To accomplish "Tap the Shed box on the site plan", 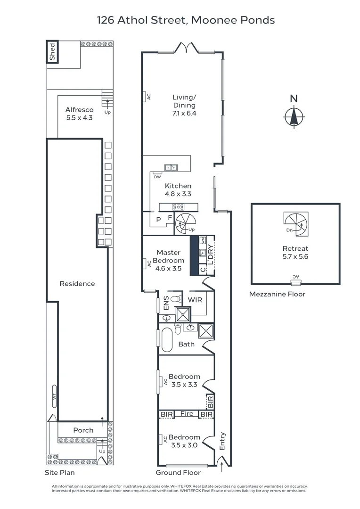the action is [53, 52].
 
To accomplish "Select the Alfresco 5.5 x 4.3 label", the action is [79, 114].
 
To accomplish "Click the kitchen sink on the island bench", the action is [171, 167].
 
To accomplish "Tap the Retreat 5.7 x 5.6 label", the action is [295, 252].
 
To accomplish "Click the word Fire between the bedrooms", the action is [187, 414].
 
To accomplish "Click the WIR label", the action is [195, 300].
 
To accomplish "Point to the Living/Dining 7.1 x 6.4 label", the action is [184, 106].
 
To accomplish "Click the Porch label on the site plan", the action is [83, 430].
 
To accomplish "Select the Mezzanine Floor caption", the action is [277, 294].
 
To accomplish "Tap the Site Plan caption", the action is [57, 472].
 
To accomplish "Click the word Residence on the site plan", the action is [77, 284].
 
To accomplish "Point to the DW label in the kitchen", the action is [157, 177].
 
